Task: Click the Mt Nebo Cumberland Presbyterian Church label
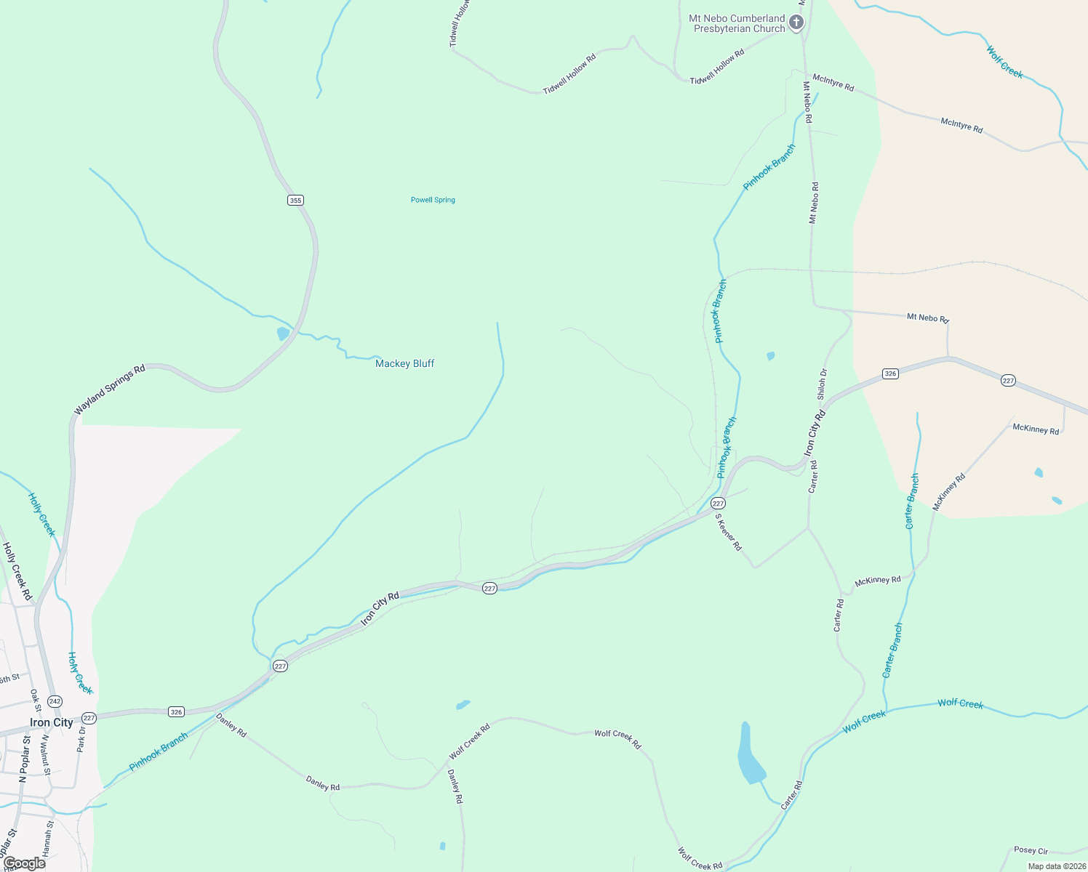(737, 24)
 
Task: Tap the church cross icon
(796, 23)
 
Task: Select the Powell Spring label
(433, 200)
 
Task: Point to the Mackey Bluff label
(404, 363)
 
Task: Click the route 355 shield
(295, 201)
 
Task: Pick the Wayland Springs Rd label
(110, 390)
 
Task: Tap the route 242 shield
(55, 701)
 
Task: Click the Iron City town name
(51, 722)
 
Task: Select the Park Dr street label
(81, 743)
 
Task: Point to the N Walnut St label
(45, 754)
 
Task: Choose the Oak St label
(34, 701)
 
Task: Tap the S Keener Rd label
(728, 532)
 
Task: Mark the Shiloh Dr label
(823, 384)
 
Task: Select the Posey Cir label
(1031, 850)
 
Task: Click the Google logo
(24, 863)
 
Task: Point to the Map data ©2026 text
(1056, 866)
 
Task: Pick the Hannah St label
(48, 839)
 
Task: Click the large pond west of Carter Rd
(749, 756)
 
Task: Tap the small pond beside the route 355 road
(283, 334)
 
